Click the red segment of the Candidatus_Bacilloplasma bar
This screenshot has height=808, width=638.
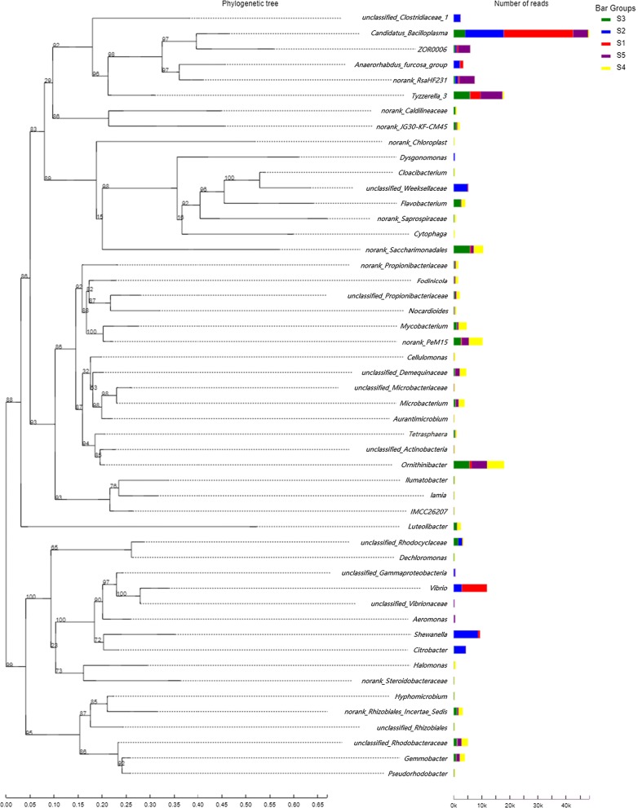538,33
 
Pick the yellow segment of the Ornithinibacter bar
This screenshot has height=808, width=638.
495,465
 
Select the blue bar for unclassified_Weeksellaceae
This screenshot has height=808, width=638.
460,188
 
